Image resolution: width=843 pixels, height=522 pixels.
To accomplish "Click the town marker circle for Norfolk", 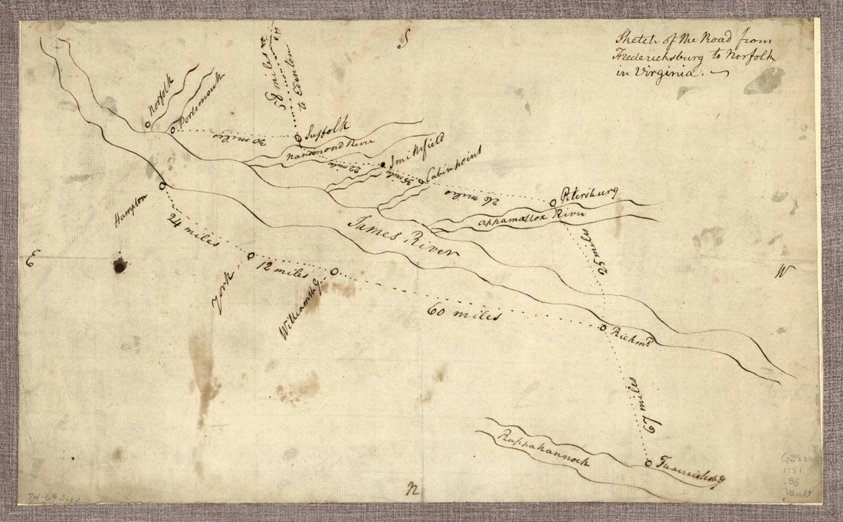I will [x=147, y=125].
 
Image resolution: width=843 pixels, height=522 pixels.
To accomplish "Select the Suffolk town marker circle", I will [x=298, y=138].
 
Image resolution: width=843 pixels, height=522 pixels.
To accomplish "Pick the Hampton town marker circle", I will [x=162, y=186].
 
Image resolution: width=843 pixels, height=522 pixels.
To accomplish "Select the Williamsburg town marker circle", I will [x=333, y=271].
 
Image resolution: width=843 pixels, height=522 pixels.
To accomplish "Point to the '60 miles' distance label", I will [x=465, y=314].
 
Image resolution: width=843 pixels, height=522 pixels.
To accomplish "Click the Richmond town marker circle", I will [x=603, y=327].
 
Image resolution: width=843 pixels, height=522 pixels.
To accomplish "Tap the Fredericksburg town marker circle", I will [x=648, y=463].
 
